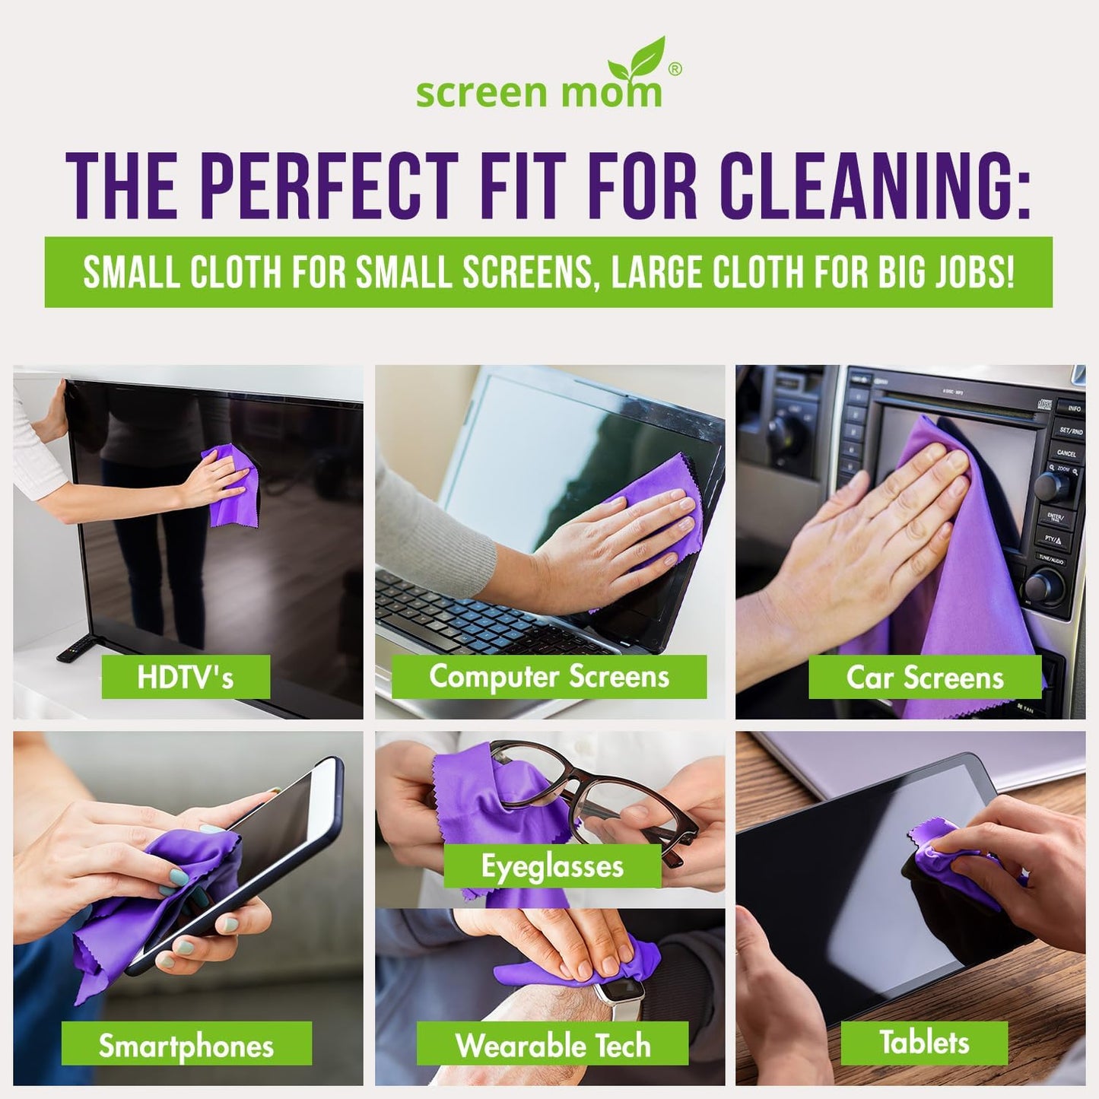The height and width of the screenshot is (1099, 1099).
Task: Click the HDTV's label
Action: pyautogui.click(x=186, y=677)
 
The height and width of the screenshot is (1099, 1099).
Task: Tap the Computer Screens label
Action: pyautogui.click(x=548, y=676)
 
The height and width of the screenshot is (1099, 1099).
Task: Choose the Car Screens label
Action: pyautogui.click(x=924, y=677)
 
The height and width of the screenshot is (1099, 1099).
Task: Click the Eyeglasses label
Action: pyautogui.click(x=552, y=866)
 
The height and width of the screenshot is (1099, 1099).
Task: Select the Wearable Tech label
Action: pyautogui.click(x=553, y=1045)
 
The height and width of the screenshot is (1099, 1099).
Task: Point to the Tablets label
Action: pyautogui.click(x=924, y=1042)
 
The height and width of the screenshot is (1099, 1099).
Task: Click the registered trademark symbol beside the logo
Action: pyautogui.click(x=674, y=68)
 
